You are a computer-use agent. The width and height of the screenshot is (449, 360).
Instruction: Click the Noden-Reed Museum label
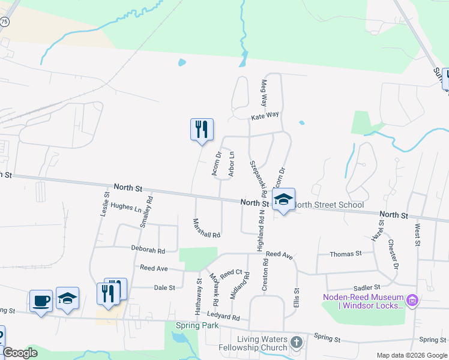[363, 300]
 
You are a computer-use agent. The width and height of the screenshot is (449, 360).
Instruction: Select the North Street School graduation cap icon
[283, 200]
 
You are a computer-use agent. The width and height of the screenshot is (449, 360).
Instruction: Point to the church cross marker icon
[296, 343]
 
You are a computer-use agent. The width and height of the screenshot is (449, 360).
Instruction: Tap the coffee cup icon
[41, 300]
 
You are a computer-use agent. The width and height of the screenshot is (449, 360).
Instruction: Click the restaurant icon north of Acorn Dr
[202, 129]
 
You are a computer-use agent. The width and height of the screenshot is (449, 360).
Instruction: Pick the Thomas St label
[346, 254]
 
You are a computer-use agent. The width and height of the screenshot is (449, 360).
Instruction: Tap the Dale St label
[164, 287]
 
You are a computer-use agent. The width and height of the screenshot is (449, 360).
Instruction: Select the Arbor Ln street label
[232, 163]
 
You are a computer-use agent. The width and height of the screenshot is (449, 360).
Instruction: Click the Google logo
[20, 353]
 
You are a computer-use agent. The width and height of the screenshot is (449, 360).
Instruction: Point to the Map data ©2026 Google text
[411, 355]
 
